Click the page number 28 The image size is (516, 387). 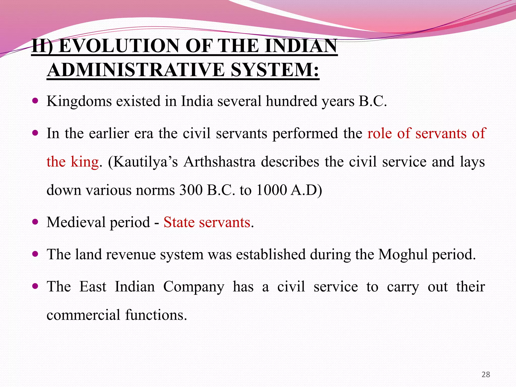(x=486, y=374)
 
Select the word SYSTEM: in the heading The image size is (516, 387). (x=275, y=70)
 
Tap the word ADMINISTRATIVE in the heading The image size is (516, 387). (x=136, y=70)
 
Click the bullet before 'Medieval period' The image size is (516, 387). (x=36, y=222)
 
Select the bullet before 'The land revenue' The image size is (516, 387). (x=36, y=254)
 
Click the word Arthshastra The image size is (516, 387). (x=219, y=162)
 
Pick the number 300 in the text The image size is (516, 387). (x=191, y=190)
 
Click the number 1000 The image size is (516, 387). (x=271, y=190)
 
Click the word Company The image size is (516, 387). (x=193, y=287)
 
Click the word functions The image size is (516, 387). (x=156, y=315)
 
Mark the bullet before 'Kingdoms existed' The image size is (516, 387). (x=36, y=101)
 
